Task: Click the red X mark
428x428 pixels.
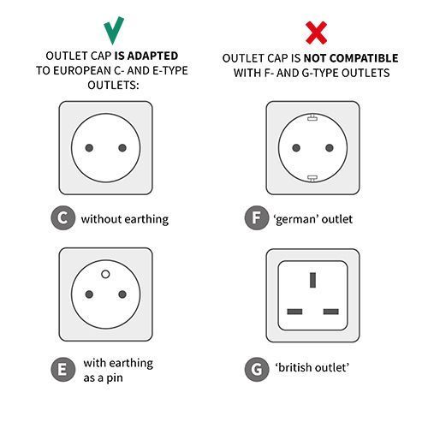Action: (316, 32)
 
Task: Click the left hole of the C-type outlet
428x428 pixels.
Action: (88, 147)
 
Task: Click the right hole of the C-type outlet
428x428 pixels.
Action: (124, 147)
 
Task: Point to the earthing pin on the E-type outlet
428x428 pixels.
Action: (106, 274)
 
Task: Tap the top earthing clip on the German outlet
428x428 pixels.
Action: (312, 117)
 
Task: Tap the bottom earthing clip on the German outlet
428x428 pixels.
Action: (312, 177)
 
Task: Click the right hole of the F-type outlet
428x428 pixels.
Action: (330, 147)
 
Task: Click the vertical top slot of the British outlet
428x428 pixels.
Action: (312, 280)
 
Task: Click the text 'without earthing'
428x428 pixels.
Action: (124, 219)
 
